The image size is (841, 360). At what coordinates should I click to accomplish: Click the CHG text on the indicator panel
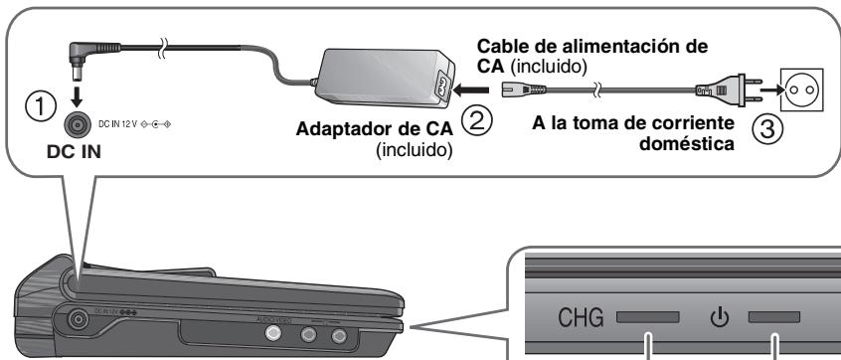[x=574, y=318]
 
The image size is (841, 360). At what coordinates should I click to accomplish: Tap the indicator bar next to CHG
[x=647, y=318]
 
